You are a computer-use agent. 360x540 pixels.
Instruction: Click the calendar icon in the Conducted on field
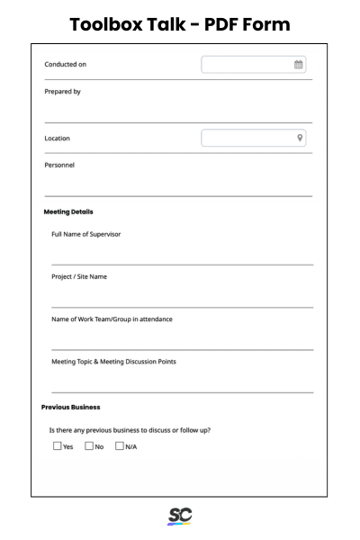pyautogui.click(x=299, y=65)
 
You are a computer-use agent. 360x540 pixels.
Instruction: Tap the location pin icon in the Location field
pyautogui.click(x=300, y=139)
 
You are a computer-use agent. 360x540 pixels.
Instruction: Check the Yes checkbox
pyautogui.click(x=58, y=445)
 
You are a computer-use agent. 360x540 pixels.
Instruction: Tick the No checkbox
pyautogui.click(x=89, y=445)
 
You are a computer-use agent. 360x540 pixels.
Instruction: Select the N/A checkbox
pyautogui.click(x=121, y=445)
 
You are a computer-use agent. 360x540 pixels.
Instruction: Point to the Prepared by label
pyautogui.click(x=63, y=91)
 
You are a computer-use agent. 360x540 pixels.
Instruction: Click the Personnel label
pyautogui.click(x=59, y=165)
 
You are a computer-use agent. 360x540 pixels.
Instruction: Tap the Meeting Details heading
pyautogui.click(x=68, y=212)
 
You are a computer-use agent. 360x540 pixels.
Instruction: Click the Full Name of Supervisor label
pyautogui.click(x=86, y=234)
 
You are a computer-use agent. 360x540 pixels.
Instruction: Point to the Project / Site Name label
pyautogui.click(x=79, y=276)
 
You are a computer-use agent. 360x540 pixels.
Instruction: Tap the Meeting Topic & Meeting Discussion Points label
pyautogui.click(x=113, y=362)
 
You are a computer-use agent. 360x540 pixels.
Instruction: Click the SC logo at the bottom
pyautogui.click(x=180, y=517)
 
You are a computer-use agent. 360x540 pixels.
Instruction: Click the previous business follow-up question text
pyautogui.click(x=130, y=429)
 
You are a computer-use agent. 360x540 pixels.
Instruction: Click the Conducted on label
pyautogui.click(x=66, y=65)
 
